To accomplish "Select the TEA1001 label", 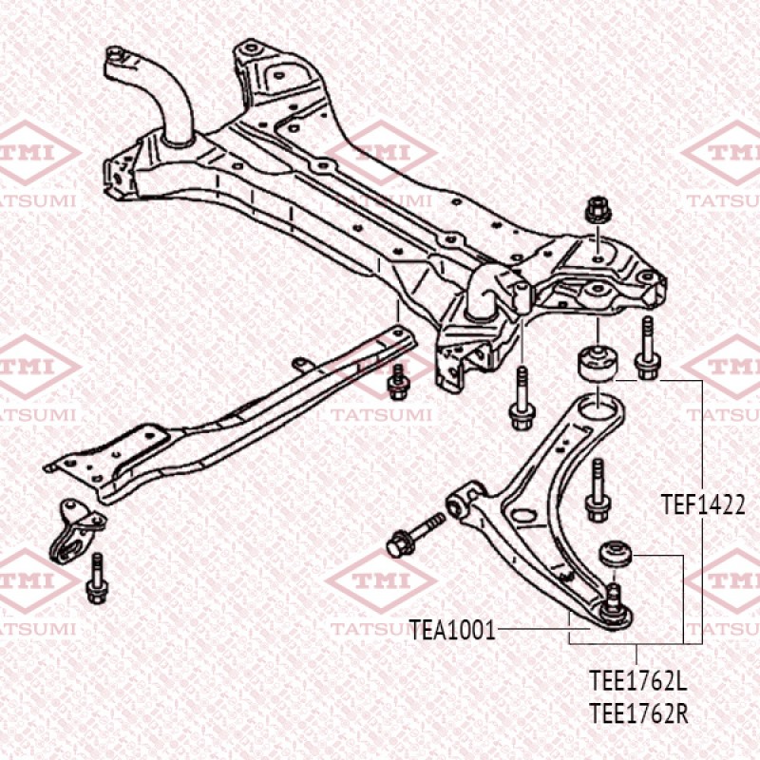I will pos(452,629).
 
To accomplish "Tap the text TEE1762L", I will pos(636,681).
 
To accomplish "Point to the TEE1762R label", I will pos(636,712).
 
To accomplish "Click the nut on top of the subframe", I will pos(598,208).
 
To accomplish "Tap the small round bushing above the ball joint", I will pos(615,553).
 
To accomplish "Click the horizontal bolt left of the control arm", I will pos(415,535).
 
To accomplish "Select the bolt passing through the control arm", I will pos(598,489).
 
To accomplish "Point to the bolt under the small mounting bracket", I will pos(96,579).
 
